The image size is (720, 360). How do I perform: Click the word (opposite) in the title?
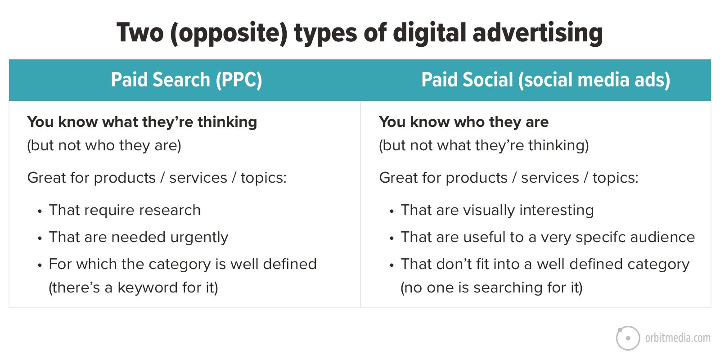(229, 33)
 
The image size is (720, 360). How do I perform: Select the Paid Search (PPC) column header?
(186, 80)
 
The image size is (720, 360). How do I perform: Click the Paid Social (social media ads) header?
(545, 80)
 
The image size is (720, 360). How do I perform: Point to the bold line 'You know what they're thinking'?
(142, 122)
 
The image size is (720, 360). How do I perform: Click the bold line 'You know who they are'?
(463, 122)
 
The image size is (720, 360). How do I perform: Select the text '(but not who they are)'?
(104, 146)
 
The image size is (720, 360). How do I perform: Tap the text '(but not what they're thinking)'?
(484, 146)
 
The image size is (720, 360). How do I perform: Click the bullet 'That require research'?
(125, 210)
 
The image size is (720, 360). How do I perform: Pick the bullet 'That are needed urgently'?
(139, 238)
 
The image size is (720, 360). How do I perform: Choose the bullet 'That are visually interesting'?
(497, 211)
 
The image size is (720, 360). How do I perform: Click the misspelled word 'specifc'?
(599, 238)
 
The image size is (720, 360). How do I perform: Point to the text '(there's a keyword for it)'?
(133, 288)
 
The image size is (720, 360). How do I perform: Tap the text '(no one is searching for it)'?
(491, 288)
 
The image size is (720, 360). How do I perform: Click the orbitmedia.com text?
(678, 338)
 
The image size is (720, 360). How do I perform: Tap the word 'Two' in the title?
(140, 33)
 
